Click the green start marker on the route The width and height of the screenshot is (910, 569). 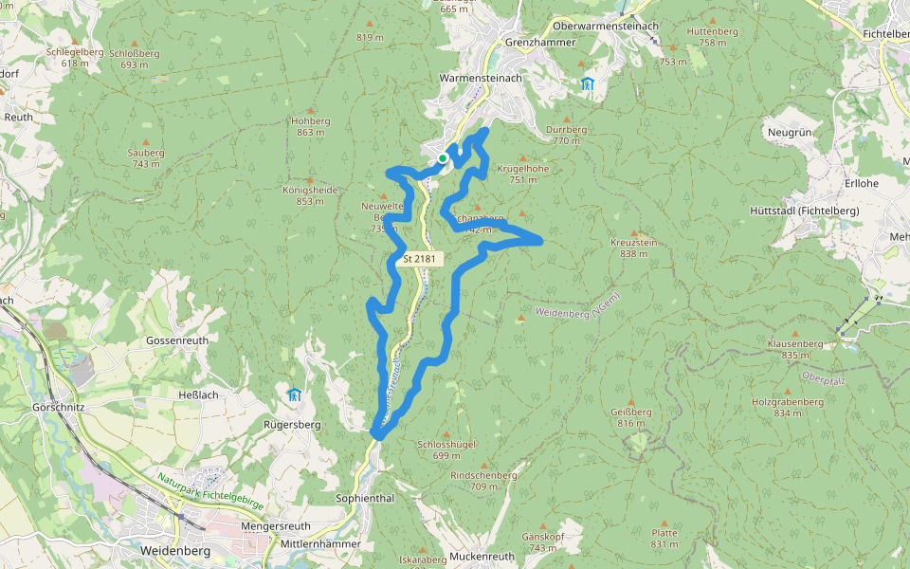pyautogui.click(x=443, y=157)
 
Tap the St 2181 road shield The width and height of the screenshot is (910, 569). pyautogui.click(x=418, y=258)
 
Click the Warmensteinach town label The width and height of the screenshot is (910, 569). pyautogui.click(x=481, y=78)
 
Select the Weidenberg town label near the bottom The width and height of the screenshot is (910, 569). pyautogui.click(x=174, y=550)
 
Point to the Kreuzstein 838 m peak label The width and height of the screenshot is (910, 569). pyautogui.click(x=633, y=248)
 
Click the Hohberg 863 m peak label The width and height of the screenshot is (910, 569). pyautogui.click(x=311, y=127)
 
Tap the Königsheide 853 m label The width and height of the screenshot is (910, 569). pyautogui.click(x=310, y=194)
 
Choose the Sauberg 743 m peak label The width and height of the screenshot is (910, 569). pyautogui.click(x=146, y=157)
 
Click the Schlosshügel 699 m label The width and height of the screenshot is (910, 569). pyautogui.click(x=446, y=449)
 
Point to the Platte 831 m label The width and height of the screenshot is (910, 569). pyautogui.click(x=664, y=538)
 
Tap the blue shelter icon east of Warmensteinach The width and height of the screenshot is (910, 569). pyautogui.click(x=588, y=84)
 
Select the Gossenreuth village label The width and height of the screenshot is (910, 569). pyautogui.click(x=175, y=340)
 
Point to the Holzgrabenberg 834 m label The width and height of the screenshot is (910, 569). pyautogui.click(x=788, y=407)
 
